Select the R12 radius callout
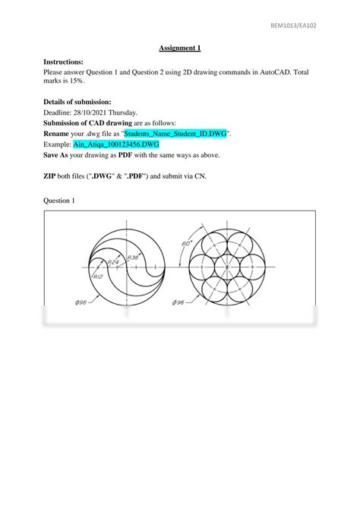(97, 277)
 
